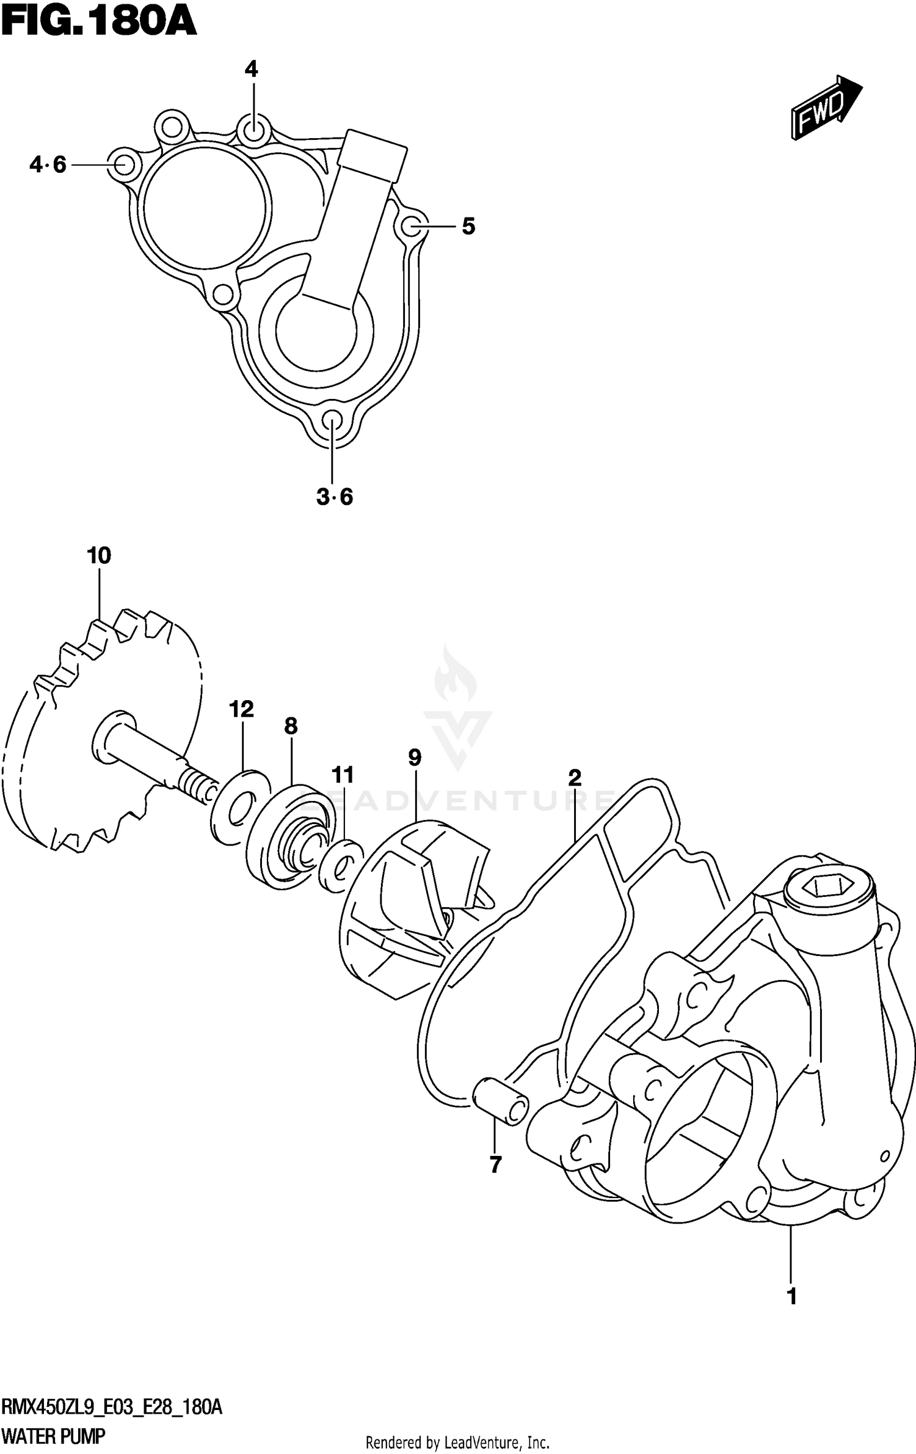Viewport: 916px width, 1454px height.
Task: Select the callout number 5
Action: click(468, 227)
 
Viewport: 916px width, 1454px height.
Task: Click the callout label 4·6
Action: click(48, 165)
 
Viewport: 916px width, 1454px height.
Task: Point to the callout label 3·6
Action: click(335, 497)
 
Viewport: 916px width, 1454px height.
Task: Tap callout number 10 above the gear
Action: click(99, 556)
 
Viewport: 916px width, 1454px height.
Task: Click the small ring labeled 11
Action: click(340, 866)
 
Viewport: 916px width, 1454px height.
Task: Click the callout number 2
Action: click(574, 778)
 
